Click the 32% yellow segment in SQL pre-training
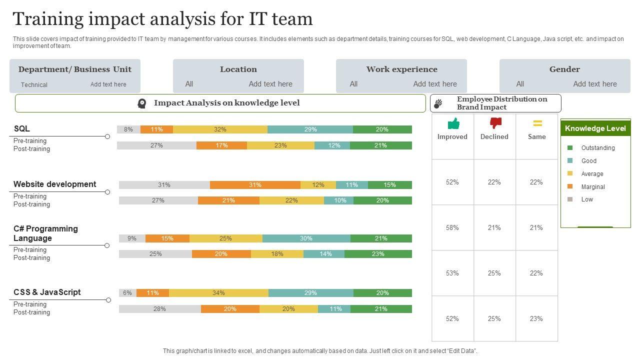point(220,129)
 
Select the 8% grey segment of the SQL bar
point(128,129)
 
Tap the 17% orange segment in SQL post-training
point(221,145)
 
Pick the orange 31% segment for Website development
point(255,185)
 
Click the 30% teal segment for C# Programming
point(306,238)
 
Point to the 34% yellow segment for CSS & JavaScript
point(218,293)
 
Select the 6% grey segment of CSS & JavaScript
point(127,293)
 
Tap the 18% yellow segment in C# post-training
point(277,254)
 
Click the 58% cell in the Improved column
point(452,227)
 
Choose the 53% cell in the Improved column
point(452,273)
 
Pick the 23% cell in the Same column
point(536,318)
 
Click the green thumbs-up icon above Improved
point(453,123)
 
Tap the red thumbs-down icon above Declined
point(495,123)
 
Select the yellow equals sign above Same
point(537,123)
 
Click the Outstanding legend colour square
point(570,148)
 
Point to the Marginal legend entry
point(593,187)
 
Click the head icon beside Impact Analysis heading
point(142,103)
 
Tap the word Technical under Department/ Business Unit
point(34,85)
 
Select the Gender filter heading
point(564,69)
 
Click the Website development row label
point(54,184)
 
